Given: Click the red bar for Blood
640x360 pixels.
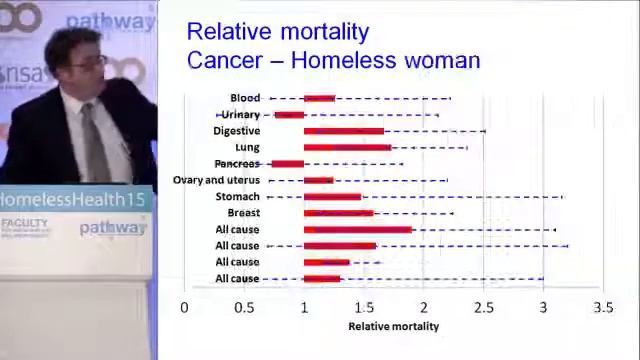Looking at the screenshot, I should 319,98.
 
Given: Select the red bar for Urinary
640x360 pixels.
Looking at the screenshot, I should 289,115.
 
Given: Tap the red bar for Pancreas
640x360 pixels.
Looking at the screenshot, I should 287,164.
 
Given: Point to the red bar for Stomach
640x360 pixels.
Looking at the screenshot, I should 332,197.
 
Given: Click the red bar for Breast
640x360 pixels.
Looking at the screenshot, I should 338,213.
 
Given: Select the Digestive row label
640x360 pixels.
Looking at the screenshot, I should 236,131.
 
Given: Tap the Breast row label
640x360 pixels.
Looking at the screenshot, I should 243,213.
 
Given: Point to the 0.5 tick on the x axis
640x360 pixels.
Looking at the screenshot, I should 244,307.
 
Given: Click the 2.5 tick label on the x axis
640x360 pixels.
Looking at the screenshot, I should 484,307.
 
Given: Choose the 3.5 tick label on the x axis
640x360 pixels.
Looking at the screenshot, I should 603,307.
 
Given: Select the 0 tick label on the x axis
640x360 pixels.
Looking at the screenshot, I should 184,307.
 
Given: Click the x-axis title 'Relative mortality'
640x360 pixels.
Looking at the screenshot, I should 393,326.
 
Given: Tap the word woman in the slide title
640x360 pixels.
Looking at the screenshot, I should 441,60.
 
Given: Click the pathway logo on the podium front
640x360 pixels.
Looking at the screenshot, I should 111,228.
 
